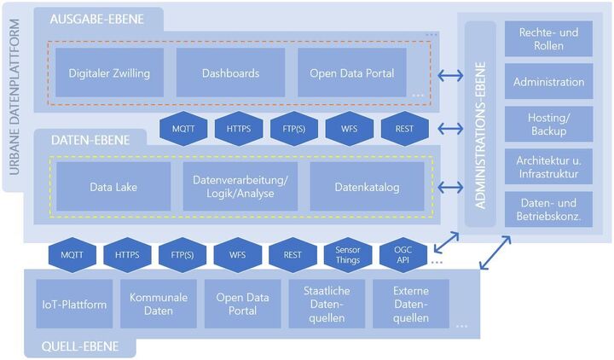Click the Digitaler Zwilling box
point(109,73)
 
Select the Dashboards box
point(230,73)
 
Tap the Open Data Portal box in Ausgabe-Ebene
point(352,73)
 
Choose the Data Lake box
point(113,186)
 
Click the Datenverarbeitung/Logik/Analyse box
point(240,186)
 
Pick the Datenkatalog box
point(366,186)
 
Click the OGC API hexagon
point(403,254)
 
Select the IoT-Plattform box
point(74,304)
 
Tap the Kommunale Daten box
point(159,304)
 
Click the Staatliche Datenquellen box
point(327,304)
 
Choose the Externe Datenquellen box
point(410,304)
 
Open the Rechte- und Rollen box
point(548,39)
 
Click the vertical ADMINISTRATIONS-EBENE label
point(480,125)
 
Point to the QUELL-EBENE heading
point(84,346)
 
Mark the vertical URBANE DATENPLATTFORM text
point(14,101)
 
